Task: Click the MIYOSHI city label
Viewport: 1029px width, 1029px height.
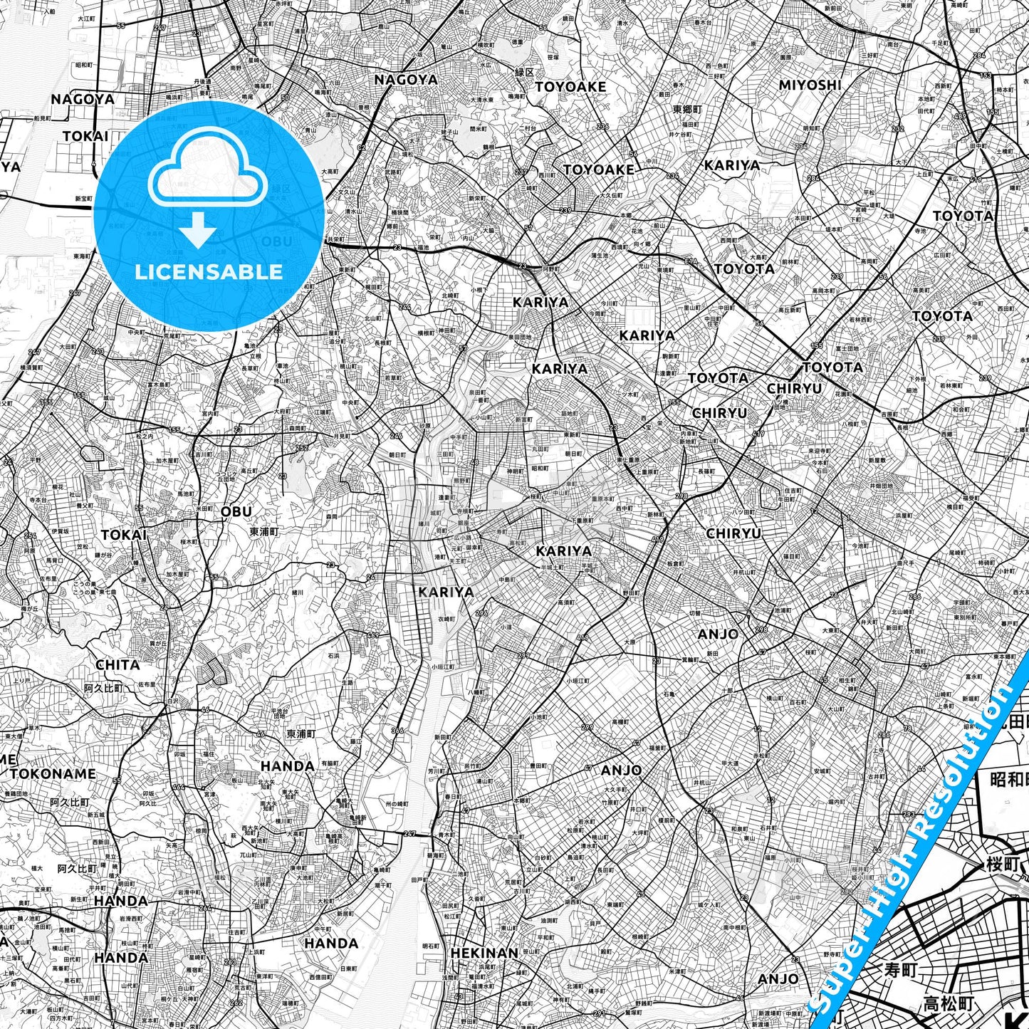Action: point(810,85)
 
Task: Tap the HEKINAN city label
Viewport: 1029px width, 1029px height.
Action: point(484,952)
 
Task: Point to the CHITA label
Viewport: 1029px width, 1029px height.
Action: point(117,664)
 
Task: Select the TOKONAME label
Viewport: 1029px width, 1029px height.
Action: point(53,773)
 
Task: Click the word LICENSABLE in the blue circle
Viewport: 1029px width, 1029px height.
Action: point(209,271)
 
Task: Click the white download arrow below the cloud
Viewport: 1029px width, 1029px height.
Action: point(197,231)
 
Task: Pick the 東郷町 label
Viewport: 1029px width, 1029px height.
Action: point(687,110)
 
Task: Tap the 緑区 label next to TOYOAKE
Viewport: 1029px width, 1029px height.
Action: point(525,73)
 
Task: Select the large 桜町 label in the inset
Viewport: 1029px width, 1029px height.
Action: point(1003,865)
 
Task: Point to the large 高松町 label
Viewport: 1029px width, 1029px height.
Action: point(947,1004)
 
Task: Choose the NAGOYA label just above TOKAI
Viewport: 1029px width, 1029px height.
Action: point(83,99)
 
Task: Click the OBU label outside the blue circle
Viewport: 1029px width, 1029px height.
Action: point(236,511)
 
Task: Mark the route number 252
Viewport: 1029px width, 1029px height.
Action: point(302,448)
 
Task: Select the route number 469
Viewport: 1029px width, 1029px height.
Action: point(373,635)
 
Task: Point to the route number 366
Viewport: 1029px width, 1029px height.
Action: point(397,731)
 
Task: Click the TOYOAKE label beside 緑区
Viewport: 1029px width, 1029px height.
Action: point(570,87)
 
